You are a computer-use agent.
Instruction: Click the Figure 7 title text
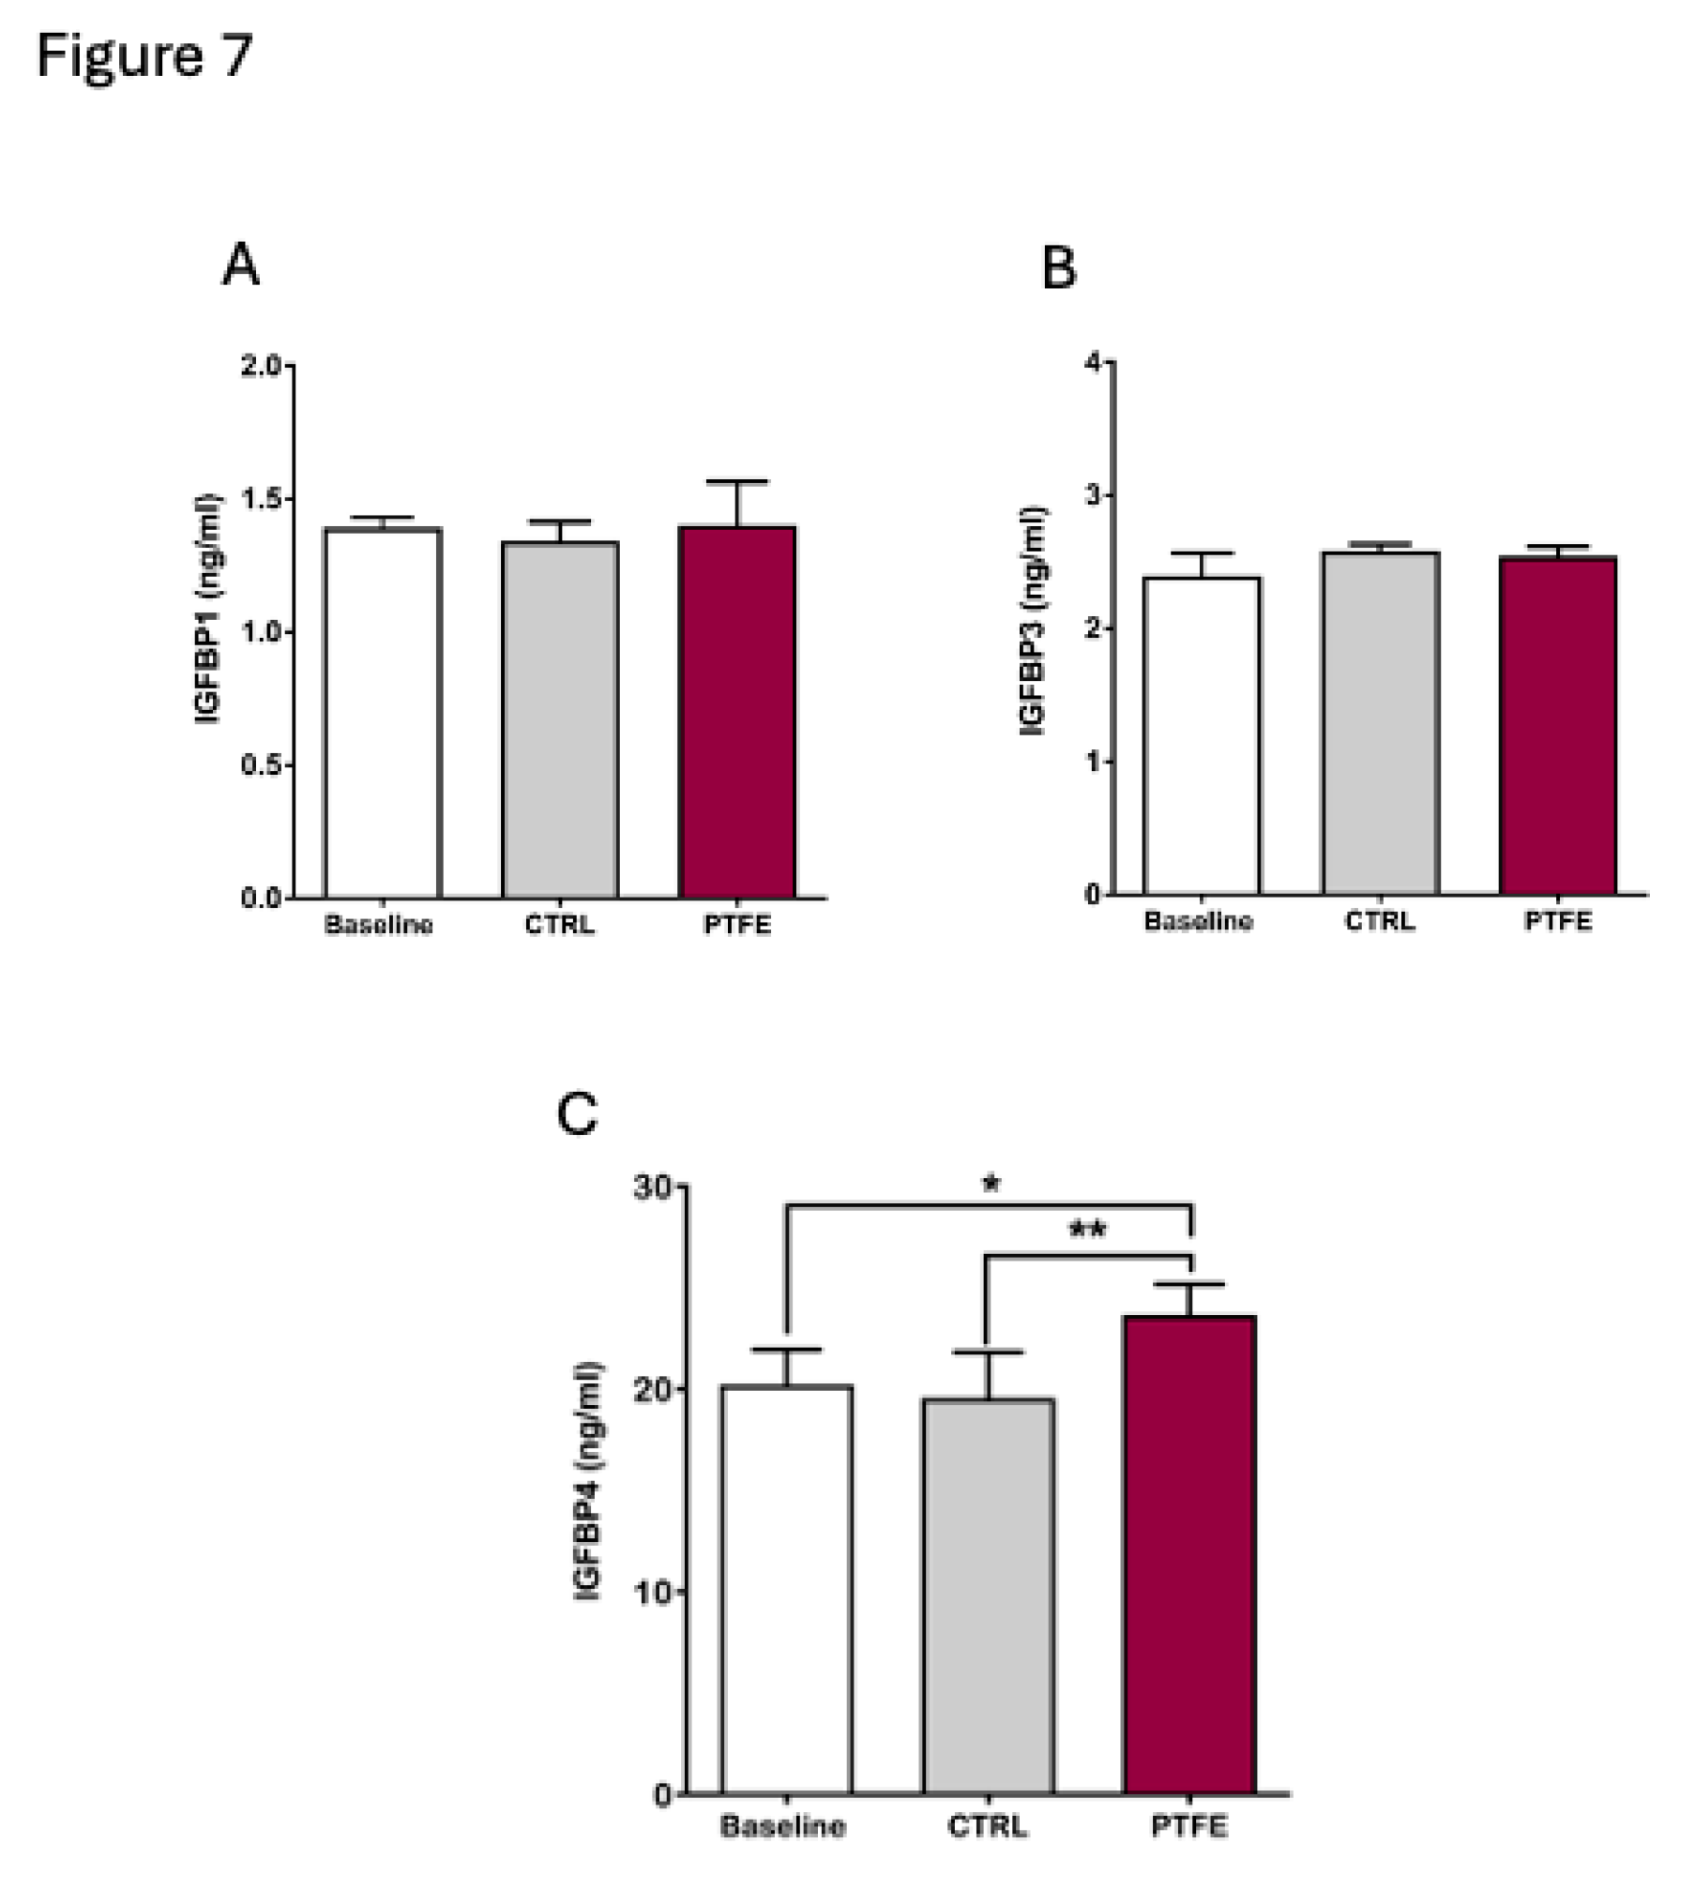[x=144, y=56]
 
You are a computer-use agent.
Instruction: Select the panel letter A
[x=240, y=264]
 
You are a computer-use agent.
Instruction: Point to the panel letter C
[x=577, y=1114]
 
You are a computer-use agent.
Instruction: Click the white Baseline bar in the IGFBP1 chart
[x=383, y=713]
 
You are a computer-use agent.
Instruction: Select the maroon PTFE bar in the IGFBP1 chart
[x=737, y=713]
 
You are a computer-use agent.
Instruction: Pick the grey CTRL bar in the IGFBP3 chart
[x=1380, y=722]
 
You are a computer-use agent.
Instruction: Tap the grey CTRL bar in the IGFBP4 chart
[x=988, y=1594]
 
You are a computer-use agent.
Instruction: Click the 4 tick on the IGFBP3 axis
[x=1094, y=362]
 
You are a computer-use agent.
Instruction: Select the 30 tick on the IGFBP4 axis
[x=654, y=1187]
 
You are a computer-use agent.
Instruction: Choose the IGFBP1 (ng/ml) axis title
[x=207, y=609]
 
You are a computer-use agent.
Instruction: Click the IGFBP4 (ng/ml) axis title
[x=588, y=1481]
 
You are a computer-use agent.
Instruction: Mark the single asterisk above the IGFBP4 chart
[x=991, y=1184]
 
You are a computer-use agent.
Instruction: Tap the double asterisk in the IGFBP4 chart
[x=1087, y=1230]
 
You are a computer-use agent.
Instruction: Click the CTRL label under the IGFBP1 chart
[x=559, y=925]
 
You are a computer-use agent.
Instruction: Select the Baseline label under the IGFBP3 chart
[x=1198, y=921]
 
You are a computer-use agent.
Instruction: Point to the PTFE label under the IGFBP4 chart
[x=1188, y=1826]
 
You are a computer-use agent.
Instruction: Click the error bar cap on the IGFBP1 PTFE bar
[x=737, y=482]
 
